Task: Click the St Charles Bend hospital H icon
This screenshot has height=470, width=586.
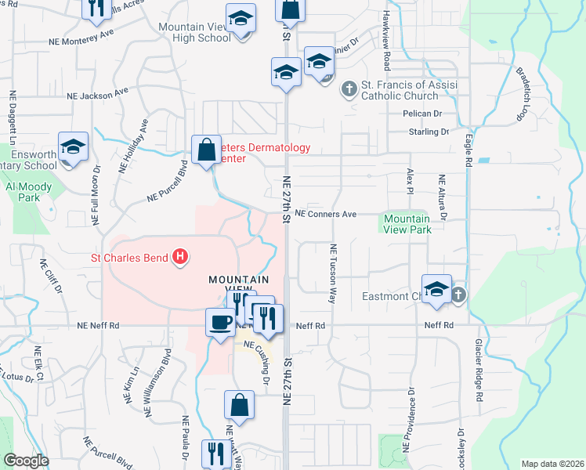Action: pyautogui.click(x=181, y=256)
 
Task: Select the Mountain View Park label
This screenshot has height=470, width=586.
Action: pyautogui.click(x=407, y=225)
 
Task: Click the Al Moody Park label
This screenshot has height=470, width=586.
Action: pyautogui.click(x=29, y=192)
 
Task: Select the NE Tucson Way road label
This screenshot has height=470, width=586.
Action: pyautogui.click(x=333, y=273)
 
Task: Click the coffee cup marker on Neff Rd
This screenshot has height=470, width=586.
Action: pyautogui.click(x=219, y=320)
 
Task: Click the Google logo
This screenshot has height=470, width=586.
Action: pyautogui.click(x=26, y=461)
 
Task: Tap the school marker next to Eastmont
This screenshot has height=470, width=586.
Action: pyautogui.click(x=436, y=290)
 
